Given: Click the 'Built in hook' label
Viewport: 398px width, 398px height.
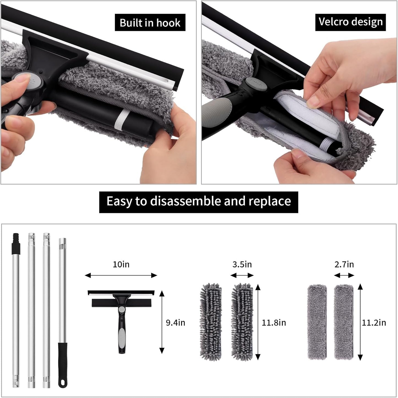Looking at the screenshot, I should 150,23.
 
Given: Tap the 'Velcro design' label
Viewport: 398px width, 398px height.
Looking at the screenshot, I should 350,22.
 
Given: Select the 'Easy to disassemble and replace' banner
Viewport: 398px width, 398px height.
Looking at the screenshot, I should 199,201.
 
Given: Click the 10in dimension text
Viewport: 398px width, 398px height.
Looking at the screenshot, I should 121,264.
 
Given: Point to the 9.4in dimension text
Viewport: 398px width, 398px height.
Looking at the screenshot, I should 175,323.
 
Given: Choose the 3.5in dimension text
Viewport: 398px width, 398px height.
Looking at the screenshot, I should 242,264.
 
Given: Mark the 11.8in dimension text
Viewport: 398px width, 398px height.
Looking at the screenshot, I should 274,323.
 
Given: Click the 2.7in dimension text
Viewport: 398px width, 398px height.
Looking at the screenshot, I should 344,264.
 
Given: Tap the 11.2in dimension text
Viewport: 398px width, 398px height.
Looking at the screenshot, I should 374,323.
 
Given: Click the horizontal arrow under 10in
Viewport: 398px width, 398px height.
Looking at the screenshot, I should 121,275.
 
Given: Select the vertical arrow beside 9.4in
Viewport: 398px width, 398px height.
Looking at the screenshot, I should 162,322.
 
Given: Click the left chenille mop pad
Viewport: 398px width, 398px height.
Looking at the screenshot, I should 211,321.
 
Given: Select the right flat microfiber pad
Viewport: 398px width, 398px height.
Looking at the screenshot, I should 343,322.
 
